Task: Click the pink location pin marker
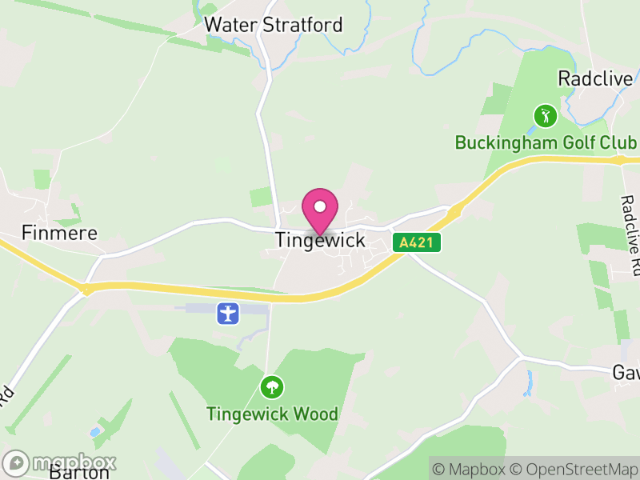pos(320,211)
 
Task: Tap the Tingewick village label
pos(320,240)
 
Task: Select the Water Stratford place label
pos(273,25)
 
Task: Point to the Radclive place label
pos(596,78)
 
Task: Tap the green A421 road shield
pos(417,242)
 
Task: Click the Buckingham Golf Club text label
pos(546,142)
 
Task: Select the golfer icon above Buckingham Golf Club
pos(545,116)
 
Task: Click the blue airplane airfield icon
pos(229,313)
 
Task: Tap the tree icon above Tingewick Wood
pos(272,388)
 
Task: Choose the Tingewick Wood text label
pos(272,414)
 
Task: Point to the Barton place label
pos(78,472)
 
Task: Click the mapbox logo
pos(61,462)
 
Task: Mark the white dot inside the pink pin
pos(320,206)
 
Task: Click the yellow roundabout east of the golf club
pos(621,160)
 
